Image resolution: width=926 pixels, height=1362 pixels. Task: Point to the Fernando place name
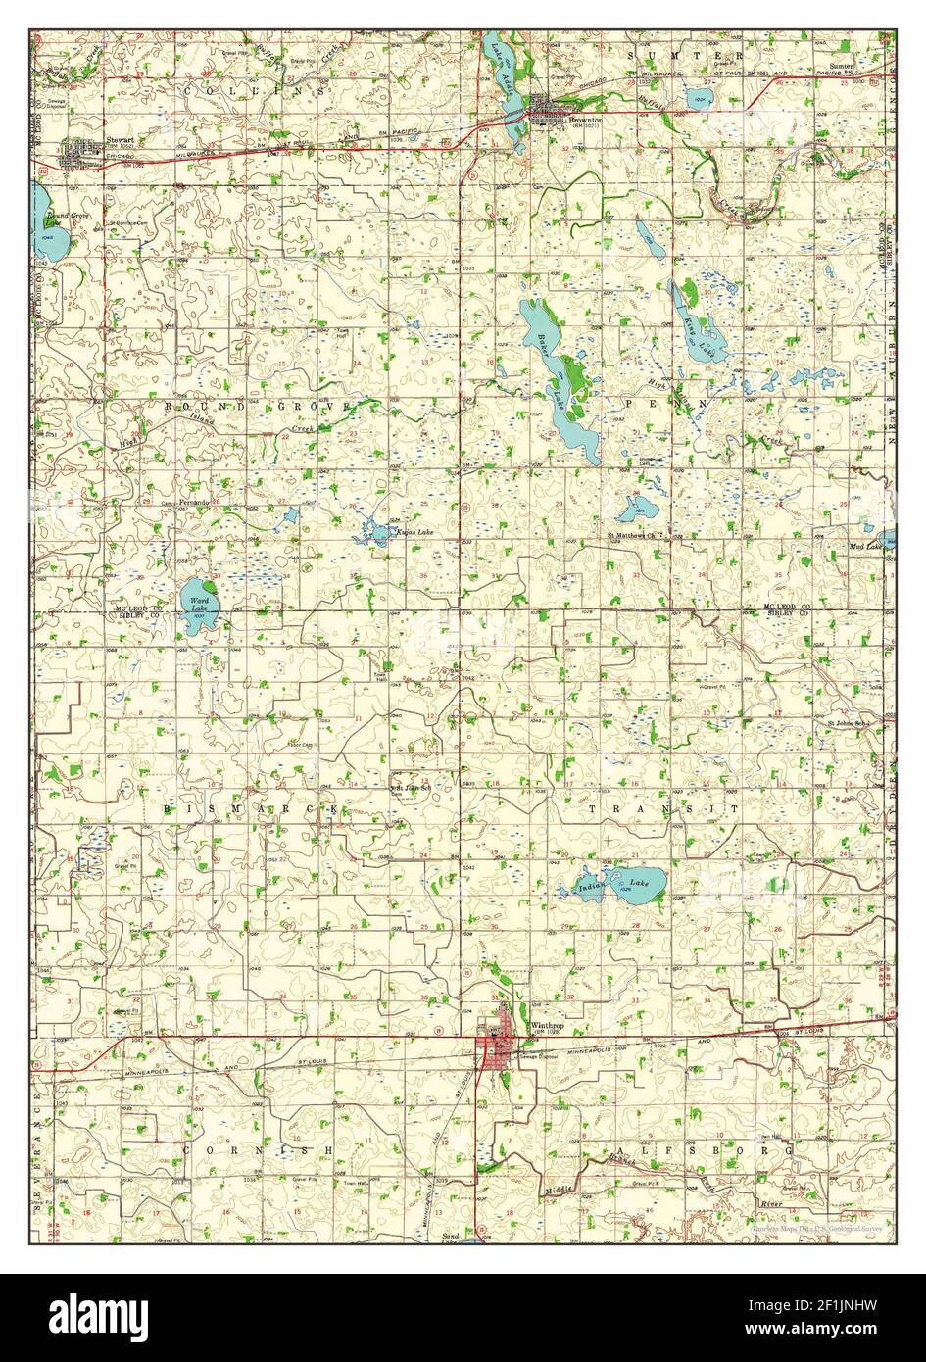click(193, 502)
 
